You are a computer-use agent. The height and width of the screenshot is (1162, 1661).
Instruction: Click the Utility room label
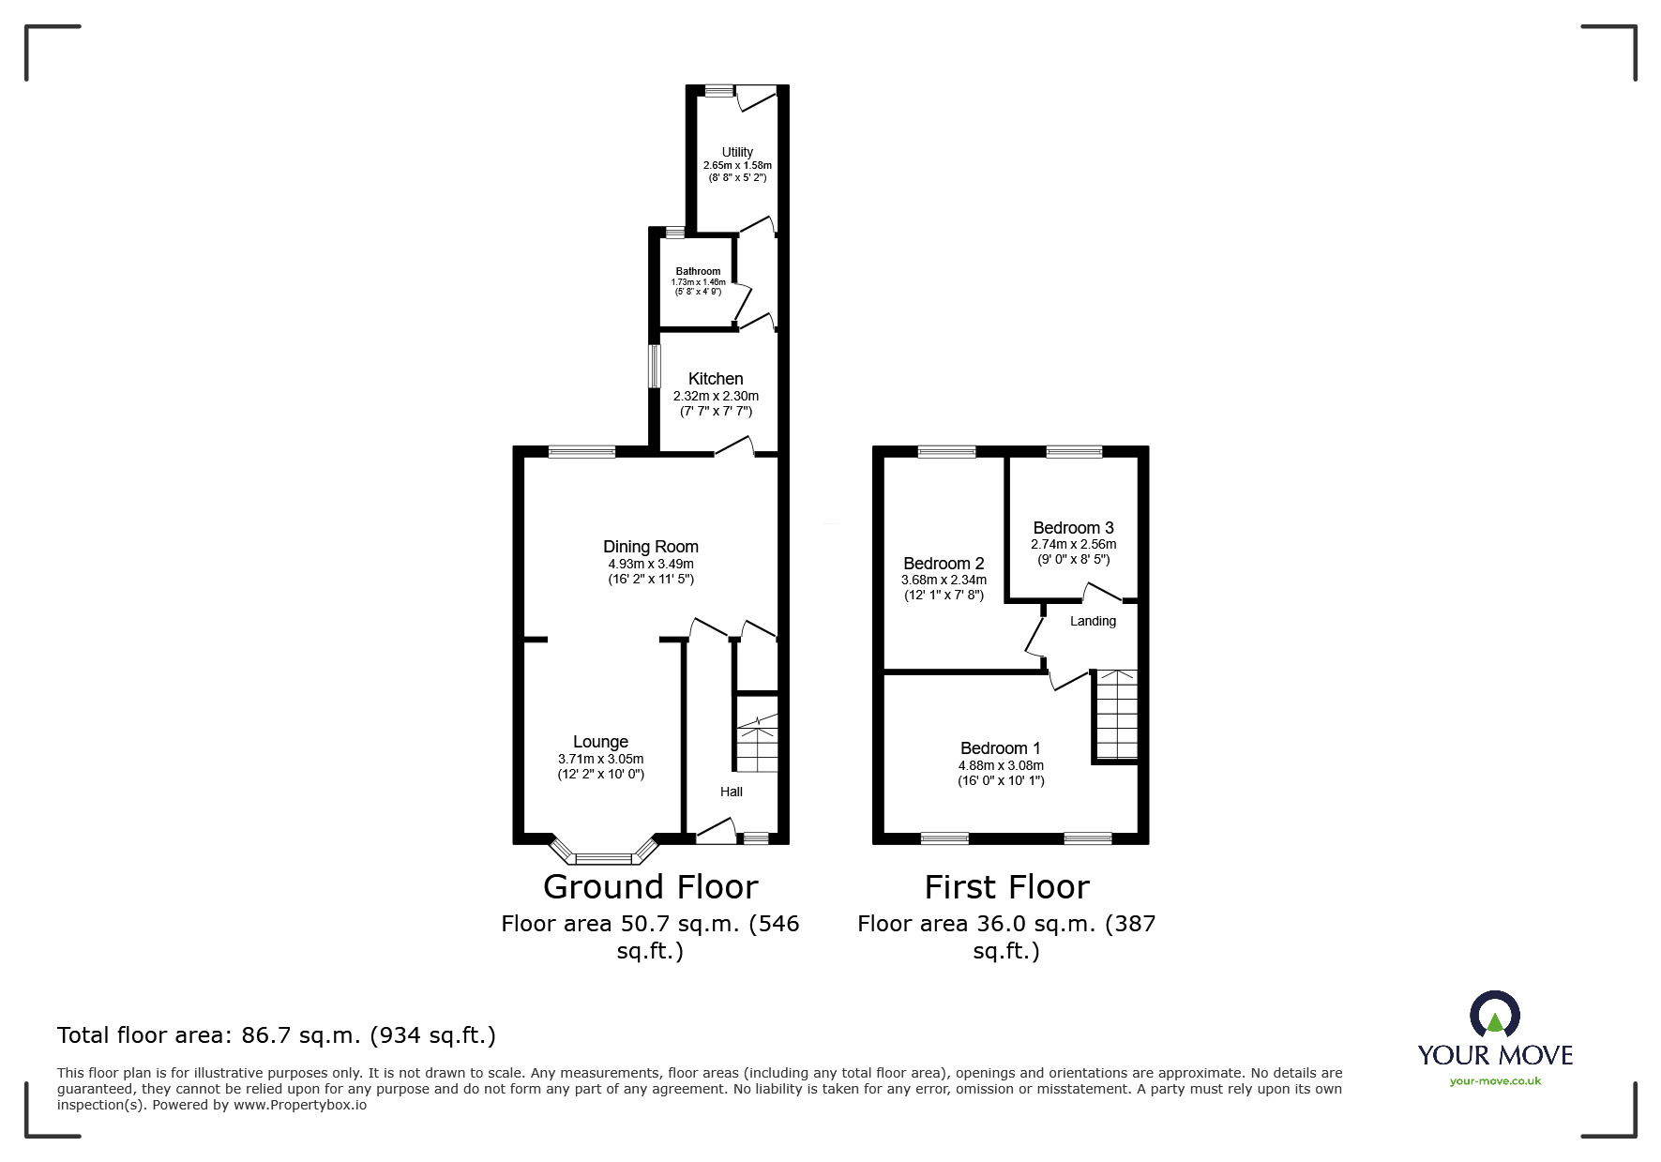coord(737,152)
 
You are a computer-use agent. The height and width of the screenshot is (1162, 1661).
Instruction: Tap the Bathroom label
coord(698,271)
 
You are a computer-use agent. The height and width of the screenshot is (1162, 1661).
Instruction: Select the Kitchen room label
coord(716,379)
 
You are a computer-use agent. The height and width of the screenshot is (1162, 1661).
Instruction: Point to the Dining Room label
coord(651,547)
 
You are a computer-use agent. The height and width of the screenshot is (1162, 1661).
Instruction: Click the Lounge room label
coord(600,742)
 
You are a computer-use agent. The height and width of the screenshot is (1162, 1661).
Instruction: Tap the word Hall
coord(732,792)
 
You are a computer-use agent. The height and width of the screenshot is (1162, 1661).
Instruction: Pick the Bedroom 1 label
coord(1001,748)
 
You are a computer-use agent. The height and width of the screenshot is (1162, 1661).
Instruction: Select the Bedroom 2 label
coord(944,564)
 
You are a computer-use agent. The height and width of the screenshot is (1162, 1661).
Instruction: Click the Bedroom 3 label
coord(1074,528)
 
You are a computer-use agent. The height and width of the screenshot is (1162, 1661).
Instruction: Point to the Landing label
coord(1094,621)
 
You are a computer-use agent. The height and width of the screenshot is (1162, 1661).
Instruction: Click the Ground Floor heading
coord(650,886)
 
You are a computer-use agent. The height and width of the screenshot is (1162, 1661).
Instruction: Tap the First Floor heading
coord(1007,886)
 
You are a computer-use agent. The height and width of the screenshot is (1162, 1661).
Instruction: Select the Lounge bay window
coord(605,852)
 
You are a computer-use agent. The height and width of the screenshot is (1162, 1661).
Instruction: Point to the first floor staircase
coord(1116,715)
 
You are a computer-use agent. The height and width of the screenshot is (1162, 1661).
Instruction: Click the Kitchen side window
coord(656,366)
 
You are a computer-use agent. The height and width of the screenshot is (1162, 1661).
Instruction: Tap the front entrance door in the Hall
coord(715,832)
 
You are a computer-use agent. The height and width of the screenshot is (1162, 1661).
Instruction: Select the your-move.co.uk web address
coord(1495,1081)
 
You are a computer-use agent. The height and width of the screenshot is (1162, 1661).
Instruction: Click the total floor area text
coord(277,1035)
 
